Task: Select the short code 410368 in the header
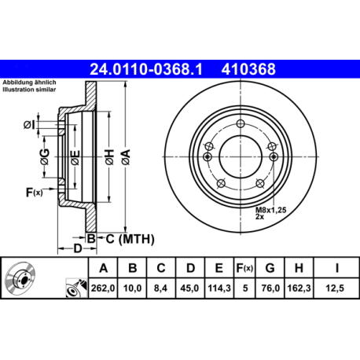click(251, 69)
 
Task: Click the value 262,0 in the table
click(104, 288)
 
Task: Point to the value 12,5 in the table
click(336, 288)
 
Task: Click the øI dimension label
click(29, 124)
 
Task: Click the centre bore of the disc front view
click(242, 154)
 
